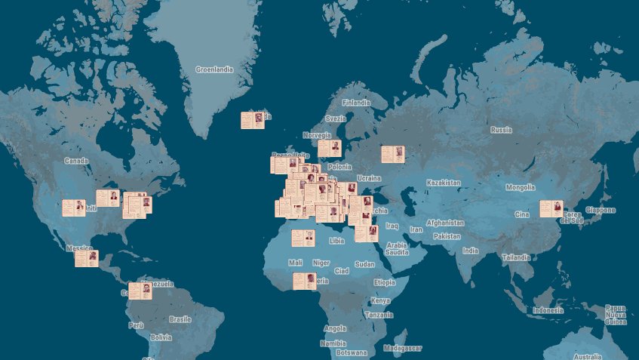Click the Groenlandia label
(x=214, y=69)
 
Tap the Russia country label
(x=501, y=130)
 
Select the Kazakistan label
(x=443, y=183)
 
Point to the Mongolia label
(x=520, y=187)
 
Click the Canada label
(x=75, y=161)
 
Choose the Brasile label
(x=180, y=318)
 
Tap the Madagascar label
(x=404, y=348)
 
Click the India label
(x=470, y=251)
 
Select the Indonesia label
(x=548, y=310)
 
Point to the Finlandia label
(x=356, y=103)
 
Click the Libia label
(x=336, y=241)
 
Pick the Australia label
(x=587, y=356)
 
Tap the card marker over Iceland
(x=253, y=121)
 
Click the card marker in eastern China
(x=551, y=209)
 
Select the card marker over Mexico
(x=86, y=259)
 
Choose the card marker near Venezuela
(x=140, y=291)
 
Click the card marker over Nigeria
(x=305, y=282)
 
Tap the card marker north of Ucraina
(x=392, y=155)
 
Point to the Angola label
(x=334, y=328)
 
